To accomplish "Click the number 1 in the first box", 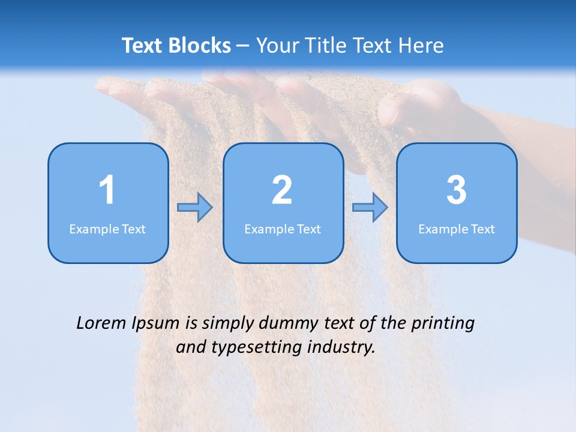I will pos(107,190).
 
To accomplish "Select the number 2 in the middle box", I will pos(282,190).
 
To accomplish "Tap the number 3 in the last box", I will pos(457,190).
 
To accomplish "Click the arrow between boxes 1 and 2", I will pos(195,208).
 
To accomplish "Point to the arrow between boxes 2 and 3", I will pos(370,208).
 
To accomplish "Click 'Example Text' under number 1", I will pos(107,229).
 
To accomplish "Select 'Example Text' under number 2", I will pos(283,229).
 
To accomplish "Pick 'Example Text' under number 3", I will pos(457,229).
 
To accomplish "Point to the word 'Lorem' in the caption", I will pos(101,323).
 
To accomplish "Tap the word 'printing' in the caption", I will pos(443,324).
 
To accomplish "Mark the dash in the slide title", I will pos(243,46).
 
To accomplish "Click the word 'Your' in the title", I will pos(275,46).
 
